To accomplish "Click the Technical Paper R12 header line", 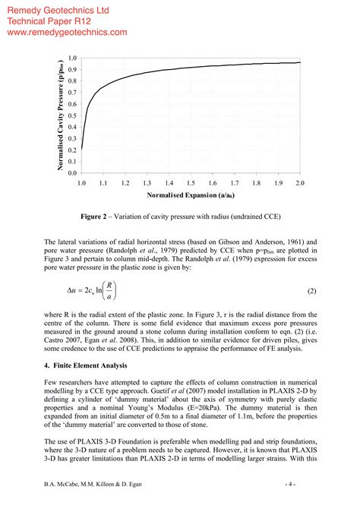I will [51, 21].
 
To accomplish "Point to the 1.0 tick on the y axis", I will [71, 58].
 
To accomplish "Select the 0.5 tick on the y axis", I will [71, 115].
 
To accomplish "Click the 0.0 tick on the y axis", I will [71, 173].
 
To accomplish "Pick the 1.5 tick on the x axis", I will [191, 183].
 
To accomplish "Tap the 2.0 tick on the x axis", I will [299, 183].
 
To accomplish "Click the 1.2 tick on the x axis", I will [125, 183].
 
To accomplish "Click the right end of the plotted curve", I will [299, 62].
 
